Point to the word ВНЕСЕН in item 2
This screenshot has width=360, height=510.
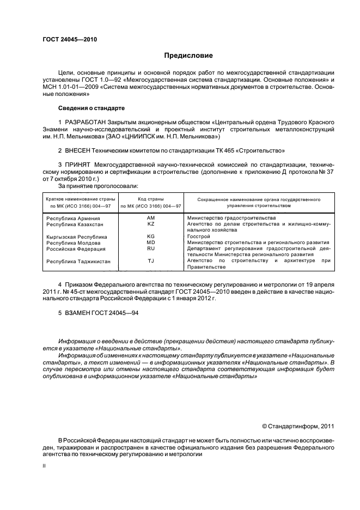(x=80, y=150)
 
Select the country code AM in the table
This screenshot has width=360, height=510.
(x=151, y=218)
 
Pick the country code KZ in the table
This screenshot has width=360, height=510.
(x=151, y=224)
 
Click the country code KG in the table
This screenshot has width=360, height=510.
(x=151, y=236)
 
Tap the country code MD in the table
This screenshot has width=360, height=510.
(x=151, y=242)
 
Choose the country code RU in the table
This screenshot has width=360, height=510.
(x=151, y=248)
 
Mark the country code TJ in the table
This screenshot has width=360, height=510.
(x=151, y=261)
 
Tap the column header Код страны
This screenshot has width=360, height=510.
(x=151, y=199)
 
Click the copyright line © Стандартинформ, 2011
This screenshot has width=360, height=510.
(x=298, y=426)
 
